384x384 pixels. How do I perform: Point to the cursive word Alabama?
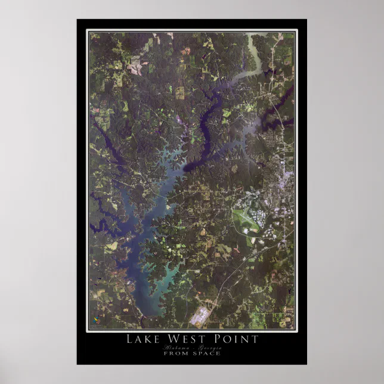click(175, 347)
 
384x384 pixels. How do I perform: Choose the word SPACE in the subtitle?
click(206, 353)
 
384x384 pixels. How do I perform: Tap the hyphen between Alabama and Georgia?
click(191, 347)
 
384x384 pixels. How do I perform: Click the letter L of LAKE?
click(129, 339)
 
